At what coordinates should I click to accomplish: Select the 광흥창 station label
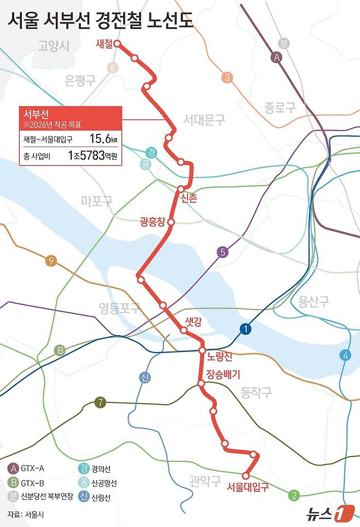[152, 222]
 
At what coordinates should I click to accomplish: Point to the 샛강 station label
[194, 322]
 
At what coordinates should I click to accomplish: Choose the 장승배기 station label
[223, 374]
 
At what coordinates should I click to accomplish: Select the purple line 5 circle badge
[222, 253]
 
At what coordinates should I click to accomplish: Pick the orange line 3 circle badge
[227, 78]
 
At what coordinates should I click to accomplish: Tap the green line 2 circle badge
[294, 496]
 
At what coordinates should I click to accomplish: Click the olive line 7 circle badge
[100, 403]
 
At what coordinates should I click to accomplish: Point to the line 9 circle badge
[51, 260]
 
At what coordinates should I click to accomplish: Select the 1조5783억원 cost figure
[92, 156]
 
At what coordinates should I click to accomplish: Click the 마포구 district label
[96, 201]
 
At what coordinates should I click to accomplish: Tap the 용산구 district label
[313, 301]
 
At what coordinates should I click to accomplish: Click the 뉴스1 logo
[328, 513]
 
